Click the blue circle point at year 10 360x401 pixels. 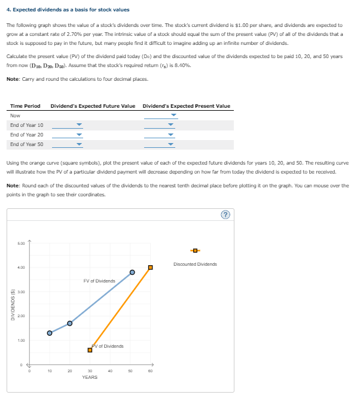coord(50,333)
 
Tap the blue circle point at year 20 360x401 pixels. coord(69,323)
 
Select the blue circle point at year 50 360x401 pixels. coord(132,273)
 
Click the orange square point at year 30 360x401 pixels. coord(90,350)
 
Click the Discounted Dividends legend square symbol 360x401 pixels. coord(194,250)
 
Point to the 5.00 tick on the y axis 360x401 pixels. coord(21,243)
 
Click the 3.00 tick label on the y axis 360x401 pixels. coord(21,291)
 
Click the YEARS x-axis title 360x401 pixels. coord(90,377)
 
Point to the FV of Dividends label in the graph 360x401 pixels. coord(99,281)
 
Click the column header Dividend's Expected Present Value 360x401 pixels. coord(186,106)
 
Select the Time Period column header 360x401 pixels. coord(25,106)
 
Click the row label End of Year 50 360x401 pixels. coord(26,144)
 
